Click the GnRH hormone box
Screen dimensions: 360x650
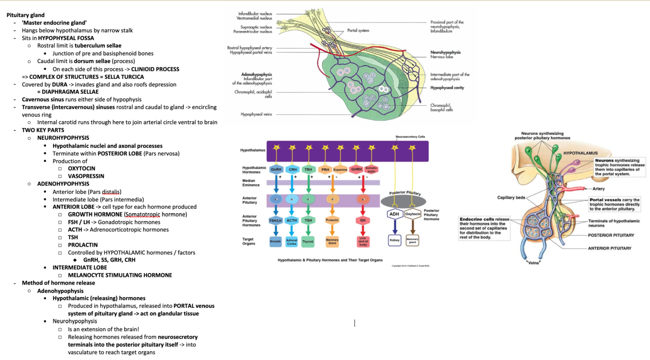(x=276, y=170)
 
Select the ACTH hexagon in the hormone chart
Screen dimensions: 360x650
(x=292, y=220)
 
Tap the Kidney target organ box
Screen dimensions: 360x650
(x=395, y=240)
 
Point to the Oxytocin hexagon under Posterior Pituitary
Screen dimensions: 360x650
(x=413, y=214)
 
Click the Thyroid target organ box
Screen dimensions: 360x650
(x=308, y=241)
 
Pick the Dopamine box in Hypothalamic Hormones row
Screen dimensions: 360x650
(x=340, y=170)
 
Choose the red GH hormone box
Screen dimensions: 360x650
(x=363, y=220)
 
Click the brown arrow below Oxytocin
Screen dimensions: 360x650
(x=413, y=227)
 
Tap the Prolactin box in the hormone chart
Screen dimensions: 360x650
(x=332, y=220)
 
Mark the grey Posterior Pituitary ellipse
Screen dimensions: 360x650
(x=403, y=200)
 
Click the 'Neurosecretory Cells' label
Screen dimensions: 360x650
(x=410, y=137)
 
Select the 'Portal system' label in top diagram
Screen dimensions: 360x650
(x=358, y=31)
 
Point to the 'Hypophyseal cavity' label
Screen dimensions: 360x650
(x=447, y=88)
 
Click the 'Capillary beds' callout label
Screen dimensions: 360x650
(x=511, y=198)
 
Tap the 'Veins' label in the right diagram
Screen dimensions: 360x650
(x=534, y=263)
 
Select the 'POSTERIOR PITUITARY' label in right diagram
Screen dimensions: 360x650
(x=611, y=235)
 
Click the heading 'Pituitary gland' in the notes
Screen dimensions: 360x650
(x=25, y=15)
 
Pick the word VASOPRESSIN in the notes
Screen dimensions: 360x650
(x=86, y=176)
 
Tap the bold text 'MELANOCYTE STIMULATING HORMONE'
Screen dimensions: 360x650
(x=120, y=275)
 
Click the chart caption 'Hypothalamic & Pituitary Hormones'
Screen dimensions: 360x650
(x=330, y=260)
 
